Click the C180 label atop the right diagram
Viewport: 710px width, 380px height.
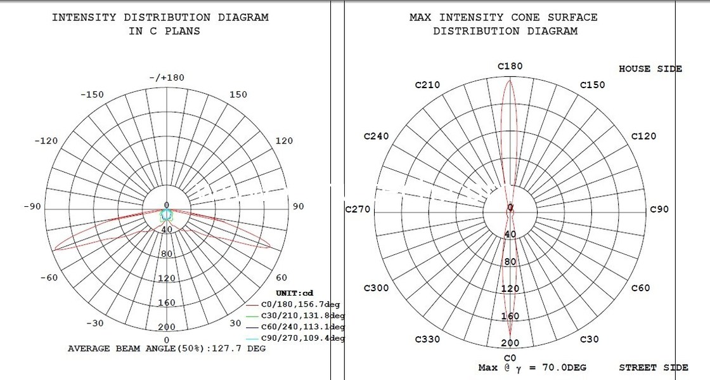tap(510, 66)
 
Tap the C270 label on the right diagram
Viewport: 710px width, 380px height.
tap(358, 209)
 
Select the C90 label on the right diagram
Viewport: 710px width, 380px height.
tap(660, 209)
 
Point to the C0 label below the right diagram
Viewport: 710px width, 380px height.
tap(510, 358)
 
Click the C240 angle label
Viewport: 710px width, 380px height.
tap(376, 136)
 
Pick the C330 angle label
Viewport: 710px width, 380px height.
tap(427, 339)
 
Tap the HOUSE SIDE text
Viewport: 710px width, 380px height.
tap(650, 69)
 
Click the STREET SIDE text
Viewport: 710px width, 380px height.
tap(654, 367)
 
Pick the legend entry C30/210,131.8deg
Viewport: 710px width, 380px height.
tap(303, 315)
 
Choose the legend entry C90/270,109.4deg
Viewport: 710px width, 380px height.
tap(303, 338)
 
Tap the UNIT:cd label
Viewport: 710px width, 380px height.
tap(294, 293)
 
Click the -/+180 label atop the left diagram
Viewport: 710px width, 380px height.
tap(166, 77)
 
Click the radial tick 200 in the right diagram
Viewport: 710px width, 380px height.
tap(510, 343)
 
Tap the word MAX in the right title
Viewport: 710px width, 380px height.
tap(421, 17)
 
